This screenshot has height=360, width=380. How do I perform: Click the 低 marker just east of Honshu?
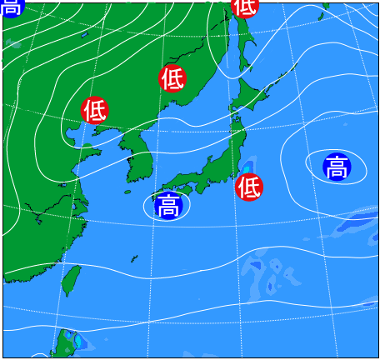coord(248,186)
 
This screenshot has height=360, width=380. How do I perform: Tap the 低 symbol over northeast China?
coord(172,78)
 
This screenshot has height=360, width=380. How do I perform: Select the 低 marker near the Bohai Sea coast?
coord(95,109)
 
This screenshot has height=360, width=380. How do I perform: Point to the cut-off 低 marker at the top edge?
coord(244,6)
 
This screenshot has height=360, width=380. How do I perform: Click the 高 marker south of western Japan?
coord(168,205)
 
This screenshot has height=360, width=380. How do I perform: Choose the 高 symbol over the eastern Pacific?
coord(337,167)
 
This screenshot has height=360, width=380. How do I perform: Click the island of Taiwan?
coord(72,280)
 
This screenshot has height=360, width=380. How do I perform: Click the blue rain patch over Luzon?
coord(76,341)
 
